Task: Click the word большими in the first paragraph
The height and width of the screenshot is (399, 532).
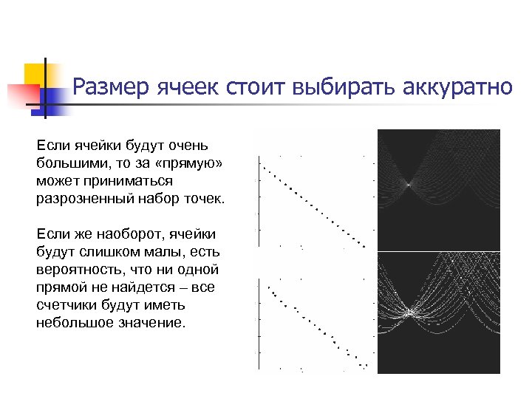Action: click(69, 162)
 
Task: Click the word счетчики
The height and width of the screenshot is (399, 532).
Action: click(66, 305)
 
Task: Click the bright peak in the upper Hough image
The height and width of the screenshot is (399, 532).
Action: click(407, 183)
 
